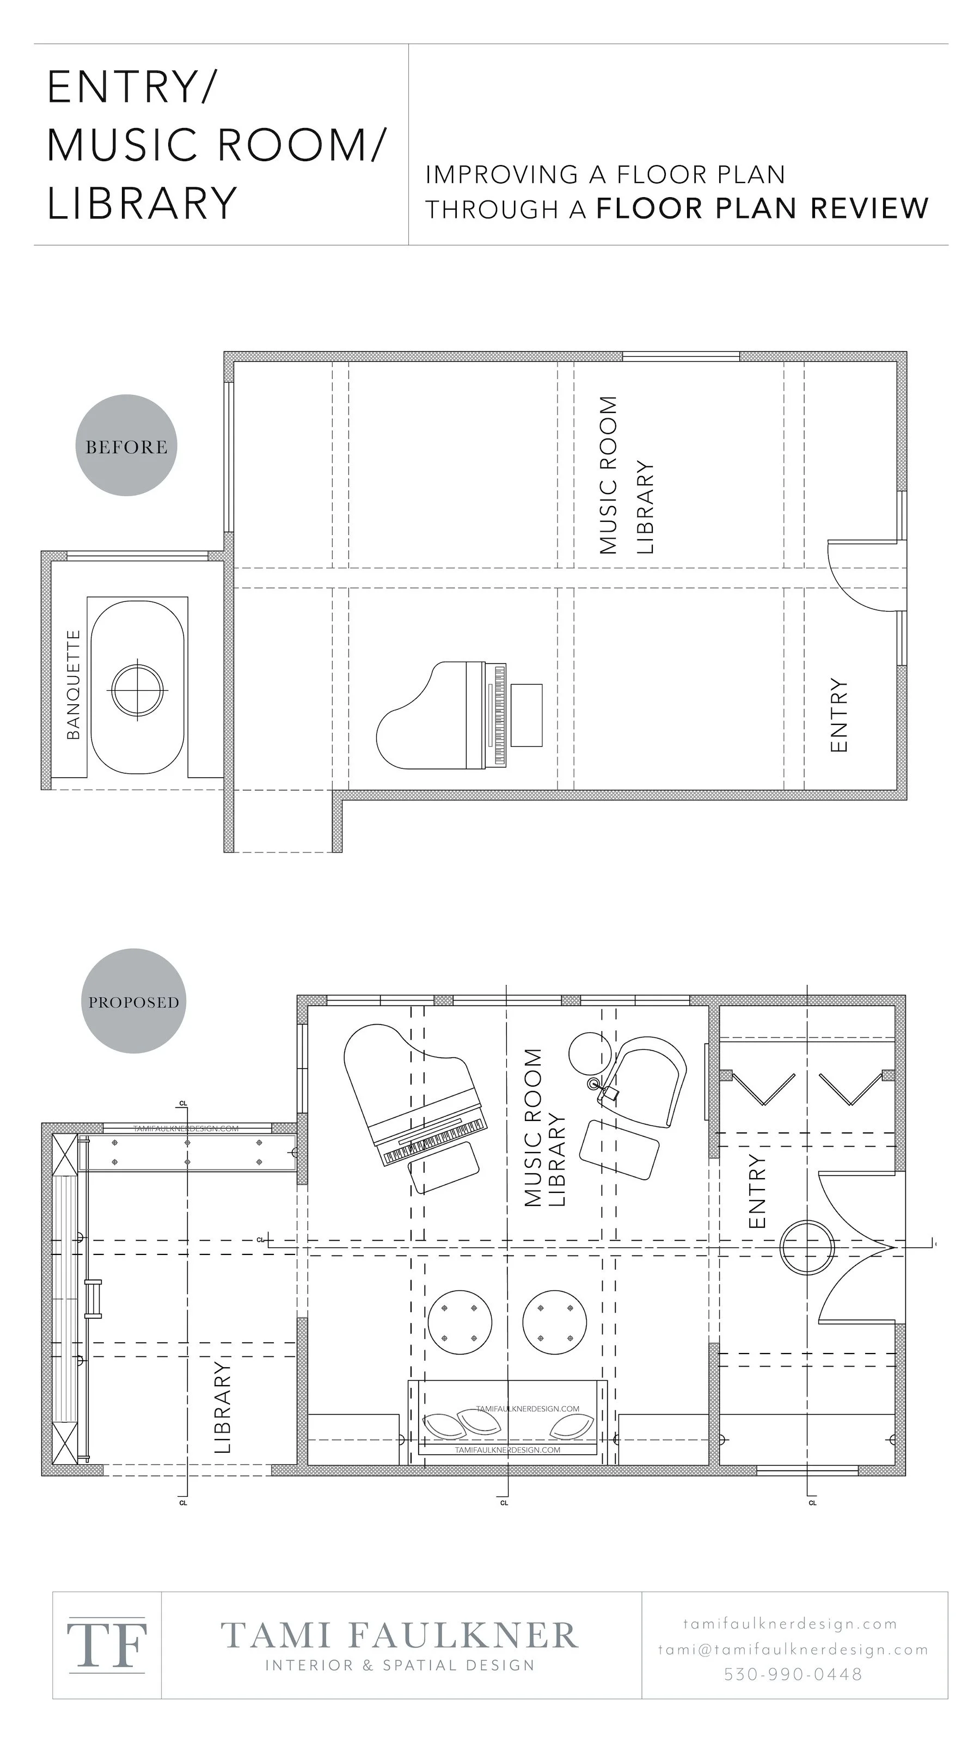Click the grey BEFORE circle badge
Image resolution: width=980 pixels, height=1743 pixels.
(x=126, y=446)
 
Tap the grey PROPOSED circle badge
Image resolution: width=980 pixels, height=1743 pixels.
(x=134, y=1002)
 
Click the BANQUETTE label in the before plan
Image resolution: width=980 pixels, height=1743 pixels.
(x=73, y=684)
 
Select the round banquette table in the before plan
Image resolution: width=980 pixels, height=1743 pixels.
(x=137, y=690)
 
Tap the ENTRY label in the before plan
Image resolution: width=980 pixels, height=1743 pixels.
(x=838, y=715)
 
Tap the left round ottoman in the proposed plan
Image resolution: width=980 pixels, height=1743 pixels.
(x=460, y=1323)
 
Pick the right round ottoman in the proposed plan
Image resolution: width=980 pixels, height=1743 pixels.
(x=555, y=1323)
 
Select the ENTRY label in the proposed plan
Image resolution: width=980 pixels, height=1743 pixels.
(x=757, y=1191)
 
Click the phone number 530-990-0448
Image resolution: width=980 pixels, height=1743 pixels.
(x=793, y=1674)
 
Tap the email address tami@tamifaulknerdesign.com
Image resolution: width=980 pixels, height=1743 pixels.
(x=793, y=1650)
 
